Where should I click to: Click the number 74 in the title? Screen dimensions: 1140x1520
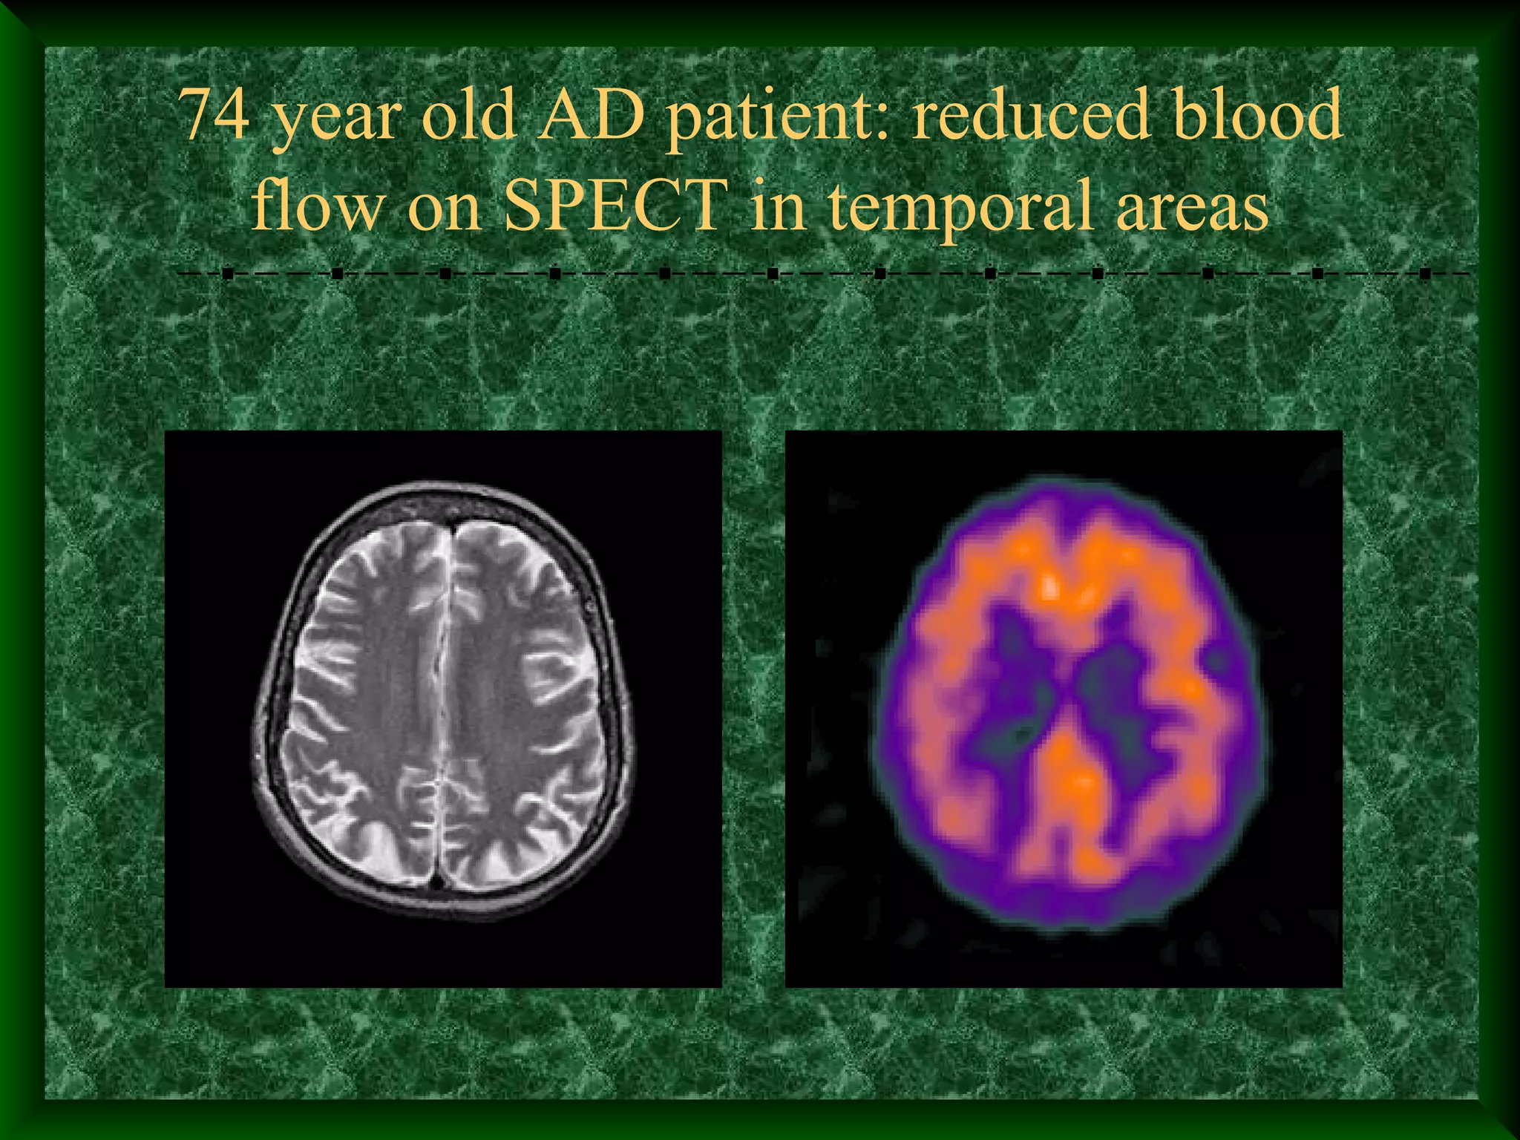215,115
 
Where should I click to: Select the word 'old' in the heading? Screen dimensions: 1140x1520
468,115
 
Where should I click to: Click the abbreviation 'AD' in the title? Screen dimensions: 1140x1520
591,115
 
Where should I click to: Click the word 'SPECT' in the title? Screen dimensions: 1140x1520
616,204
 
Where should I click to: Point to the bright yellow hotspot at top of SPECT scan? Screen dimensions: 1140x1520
1051,586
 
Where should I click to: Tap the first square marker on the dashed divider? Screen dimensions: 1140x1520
228,275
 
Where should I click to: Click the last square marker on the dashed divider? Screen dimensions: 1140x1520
1424,275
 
